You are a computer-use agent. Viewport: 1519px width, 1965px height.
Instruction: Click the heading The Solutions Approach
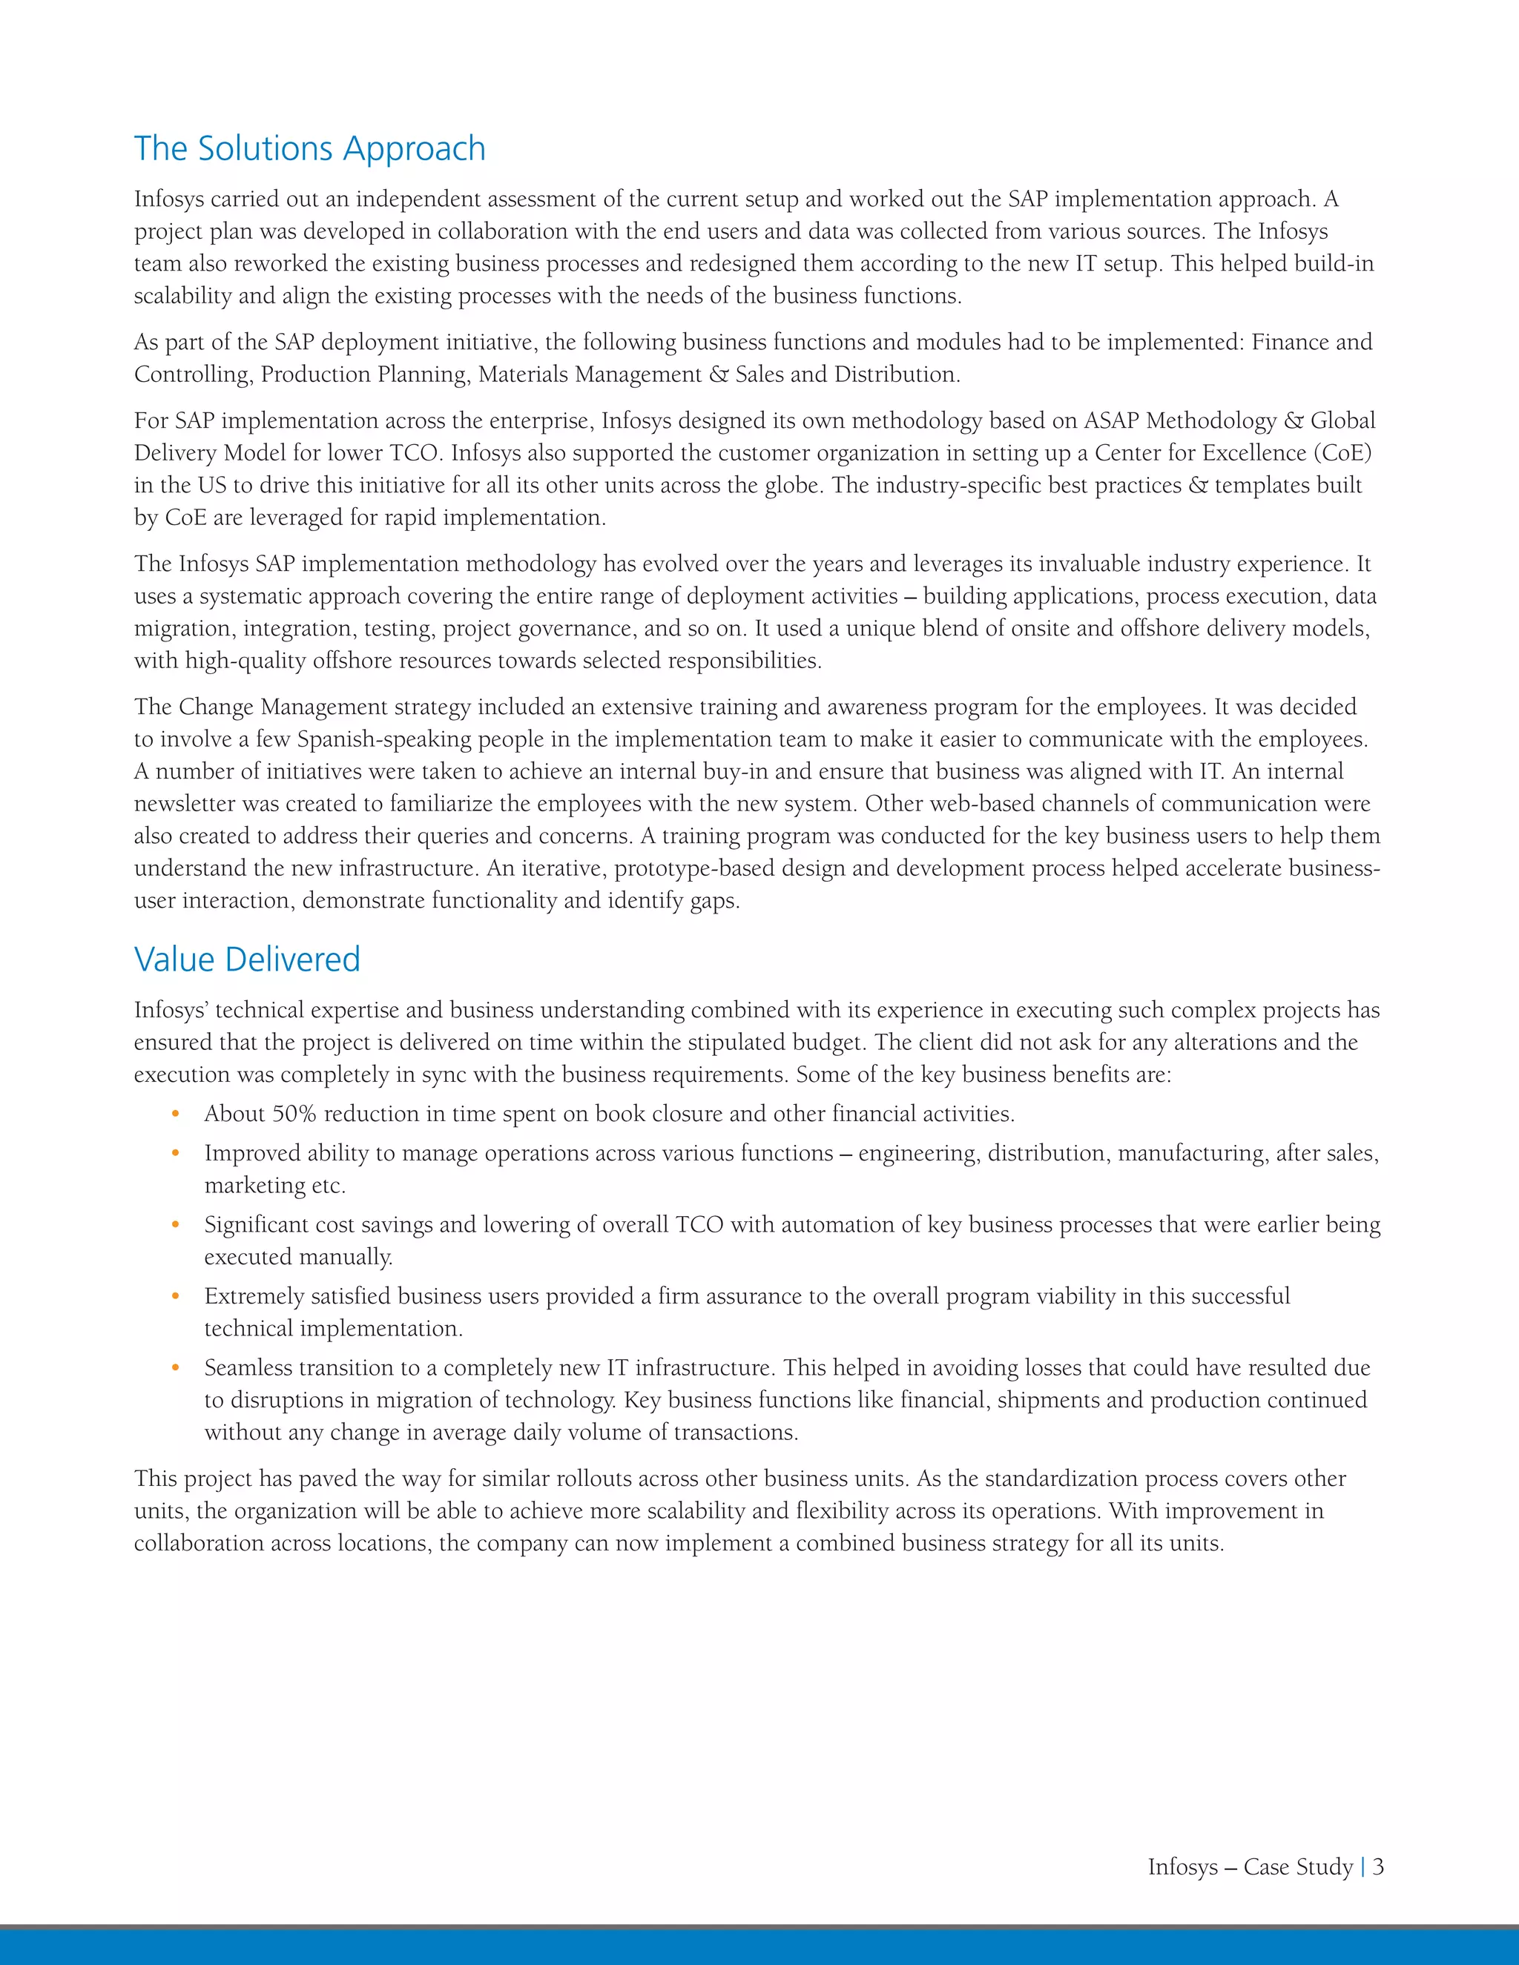(309, 148)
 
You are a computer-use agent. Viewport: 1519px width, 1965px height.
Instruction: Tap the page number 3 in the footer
(1378, 1866)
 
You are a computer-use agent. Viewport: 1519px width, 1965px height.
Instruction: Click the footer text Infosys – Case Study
(1250, 1867)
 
